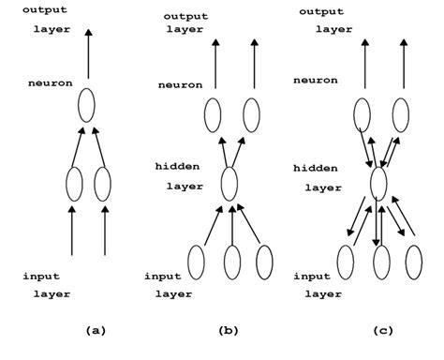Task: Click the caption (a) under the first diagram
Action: click(95, 331)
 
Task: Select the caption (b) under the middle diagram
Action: click(228, 331)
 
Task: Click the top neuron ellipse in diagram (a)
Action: click(86, 104)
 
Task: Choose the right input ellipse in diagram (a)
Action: click(102, 183)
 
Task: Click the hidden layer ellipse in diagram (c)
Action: click(378, 180)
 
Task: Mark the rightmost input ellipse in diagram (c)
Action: click(411, 260)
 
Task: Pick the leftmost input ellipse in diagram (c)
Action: click(345, 260)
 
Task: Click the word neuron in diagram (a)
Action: click(51, 83)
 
